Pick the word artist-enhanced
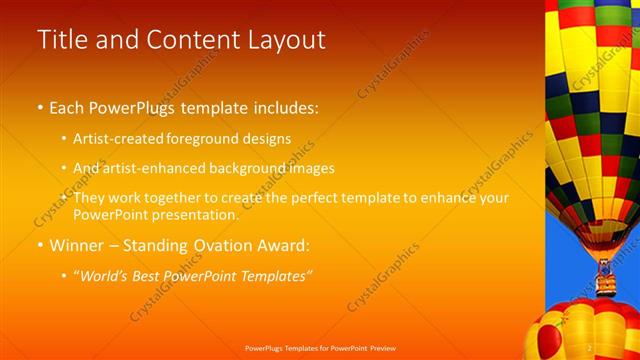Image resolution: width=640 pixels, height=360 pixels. (148, 168)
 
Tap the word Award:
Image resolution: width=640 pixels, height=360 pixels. (283, 245)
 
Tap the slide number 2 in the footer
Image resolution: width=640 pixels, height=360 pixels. (591, 348)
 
